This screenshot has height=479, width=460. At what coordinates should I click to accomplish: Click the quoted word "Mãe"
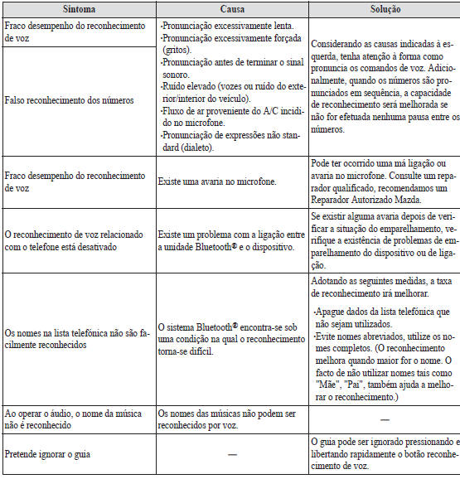[327, 385]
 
